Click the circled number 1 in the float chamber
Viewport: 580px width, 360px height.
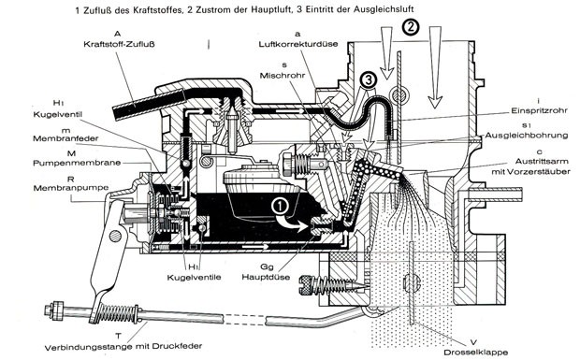coord(280,207)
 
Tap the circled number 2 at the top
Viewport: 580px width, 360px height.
coord(412,27)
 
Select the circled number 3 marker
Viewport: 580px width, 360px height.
coord(369,79)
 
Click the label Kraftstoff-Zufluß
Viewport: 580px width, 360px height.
coord(119,44)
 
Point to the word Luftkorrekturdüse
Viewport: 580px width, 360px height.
coord(298,44)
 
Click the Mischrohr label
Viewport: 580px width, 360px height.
coord(283,76)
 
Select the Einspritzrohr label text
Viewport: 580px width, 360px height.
coord(539,110)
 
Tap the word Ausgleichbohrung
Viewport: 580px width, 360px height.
coord(527,136)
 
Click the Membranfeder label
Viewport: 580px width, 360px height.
coord(65,138)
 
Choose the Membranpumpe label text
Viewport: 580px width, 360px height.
coord(71,188)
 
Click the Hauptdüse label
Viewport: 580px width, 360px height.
coord(266,277)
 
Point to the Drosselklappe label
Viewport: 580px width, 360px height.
coord(475,353)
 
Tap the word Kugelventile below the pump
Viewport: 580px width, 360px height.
coord(195,277)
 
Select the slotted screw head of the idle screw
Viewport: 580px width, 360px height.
coord(306,285)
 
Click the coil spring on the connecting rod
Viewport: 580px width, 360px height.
coord(119,313)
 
